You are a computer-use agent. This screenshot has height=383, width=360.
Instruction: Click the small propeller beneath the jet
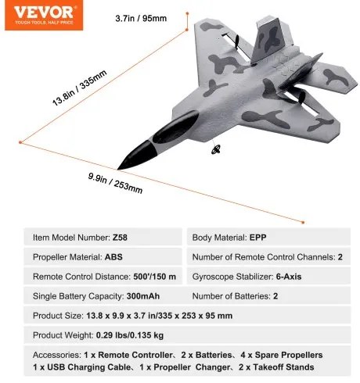coord(216,152)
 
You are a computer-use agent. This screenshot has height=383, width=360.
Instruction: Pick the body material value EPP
coord(260,236)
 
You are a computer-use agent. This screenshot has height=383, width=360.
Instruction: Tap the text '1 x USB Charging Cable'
coord(81,367)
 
